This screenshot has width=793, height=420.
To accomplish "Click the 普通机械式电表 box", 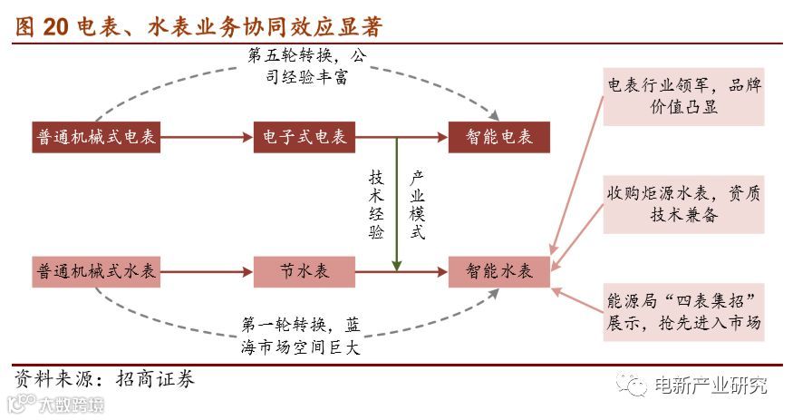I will (x=96, y=137).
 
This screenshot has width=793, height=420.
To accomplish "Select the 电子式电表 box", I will (x=305, y=137).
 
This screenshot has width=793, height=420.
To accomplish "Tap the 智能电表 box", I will (x=499, y=137).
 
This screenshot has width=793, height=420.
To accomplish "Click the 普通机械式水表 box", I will (x=96, y=271).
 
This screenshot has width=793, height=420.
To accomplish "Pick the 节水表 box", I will (x=305, y=271).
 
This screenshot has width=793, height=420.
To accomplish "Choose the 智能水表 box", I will (x=499, y=271).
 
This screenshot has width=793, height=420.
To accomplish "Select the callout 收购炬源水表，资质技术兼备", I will (x=684, y=204).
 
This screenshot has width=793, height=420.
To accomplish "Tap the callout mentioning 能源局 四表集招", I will (x=684, y=311).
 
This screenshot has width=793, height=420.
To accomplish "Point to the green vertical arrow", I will (x=396, y=204).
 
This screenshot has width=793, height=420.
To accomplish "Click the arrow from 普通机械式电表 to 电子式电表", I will (x=208, y=137).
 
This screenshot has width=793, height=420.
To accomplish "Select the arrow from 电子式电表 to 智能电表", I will (x=401, y=137).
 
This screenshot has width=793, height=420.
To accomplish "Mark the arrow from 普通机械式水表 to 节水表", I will (x=208, y=271).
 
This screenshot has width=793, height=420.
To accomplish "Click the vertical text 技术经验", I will (x=376, y=204).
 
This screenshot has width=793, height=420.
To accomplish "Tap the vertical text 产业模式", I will (x=417, y=204).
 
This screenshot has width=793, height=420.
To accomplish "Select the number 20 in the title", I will (x=54, y=26).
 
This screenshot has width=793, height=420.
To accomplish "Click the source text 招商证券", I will (x=155, y=378).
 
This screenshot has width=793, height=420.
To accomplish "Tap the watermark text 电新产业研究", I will (x=711, y=385).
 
